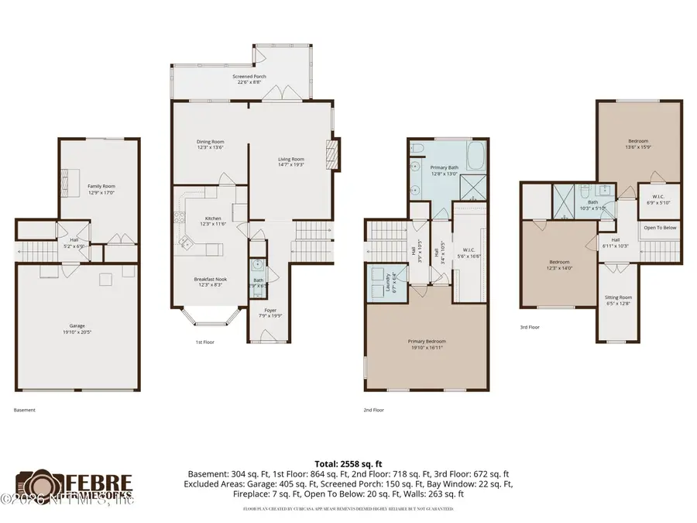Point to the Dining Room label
(x=210, y=142)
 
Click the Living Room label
(x=291, y=160)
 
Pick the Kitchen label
(x=213, y=218)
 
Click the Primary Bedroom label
(x=427, y=342)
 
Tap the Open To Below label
(x=661, y=228)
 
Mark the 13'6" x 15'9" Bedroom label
(x=638, y=140)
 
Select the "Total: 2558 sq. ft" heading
(x=348, y=462)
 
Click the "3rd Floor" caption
(x=530, y=327)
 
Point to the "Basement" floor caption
(x=25, y=410)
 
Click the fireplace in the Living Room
(x=334, y=153)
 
